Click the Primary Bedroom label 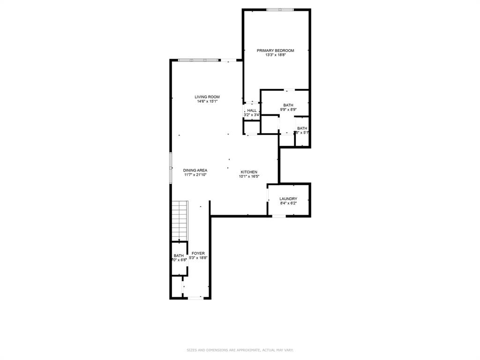pyautogui.click(x=275, y=50)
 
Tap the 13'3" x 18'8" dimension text pyautogui.click(x=275, y=55)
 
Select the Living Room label pyautogui.click(x=207, y=97)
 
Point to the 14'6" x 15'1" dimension pyautogui.click(x=207, y=101)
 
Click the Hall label pyautogui.click(x=252, y=110)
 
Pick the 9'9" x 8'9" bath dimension pyautogui.click(x=288, y=110)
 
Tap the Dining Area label pyautogui.click(x=195, y=170)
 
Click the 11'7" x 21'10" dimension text pyautogui.click(x=195, y=175)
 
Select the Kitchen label pyautogui.click(x=249, y=172)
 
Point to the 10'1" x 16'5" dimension pyautogui.click(x=249, y=177)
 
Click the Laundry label pyautogui.click(x=288, y=199)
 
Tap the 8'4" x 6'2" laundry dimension pyautogui.click(x=288, y=203)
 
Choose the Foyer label pyautogui.click(x=198, y=253)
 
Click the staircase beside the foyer pyautogui.click(x=179, y=220)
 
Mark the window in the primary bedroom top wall pyautogui.click(x=280, y=9)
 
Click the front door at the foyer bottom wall pyautogui.click(x=196, y=298)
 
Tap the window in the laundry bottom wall pyautogui.click(x=279, y=216)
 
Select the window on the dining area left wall pyautogui.click(x=171, y=167)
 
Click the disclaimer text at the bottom pyautogui.click(x=240, y=350)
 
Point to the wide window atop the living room pyautogui.click(x=199, y=60)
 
